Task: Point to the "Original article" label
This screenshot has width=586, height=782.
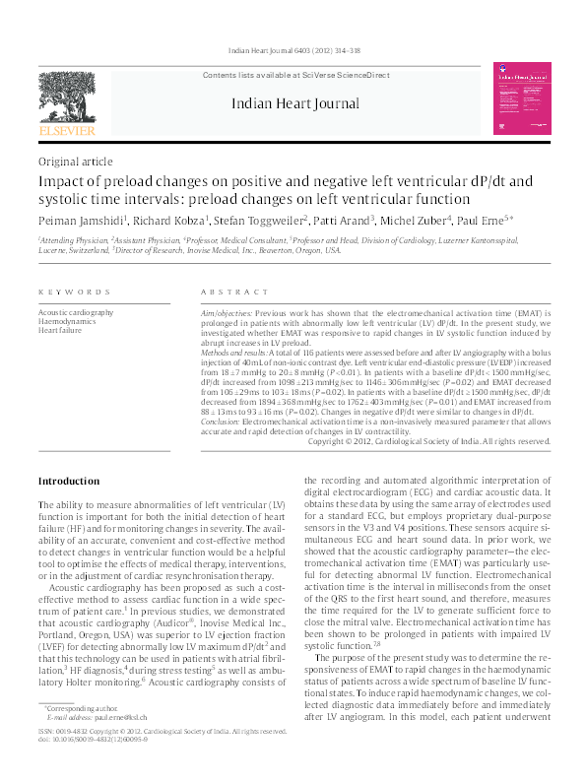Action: (73, 161)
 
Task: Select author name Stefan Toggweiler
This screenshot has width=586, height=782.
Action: (295, 221)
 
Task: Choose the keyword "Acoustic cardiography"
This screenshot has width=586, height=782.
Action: (77, 311)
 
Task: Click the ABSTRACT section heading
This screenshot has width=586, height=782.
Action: (228, 293)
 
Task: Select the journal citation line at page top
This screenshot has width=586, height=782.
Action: (293, 22)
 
